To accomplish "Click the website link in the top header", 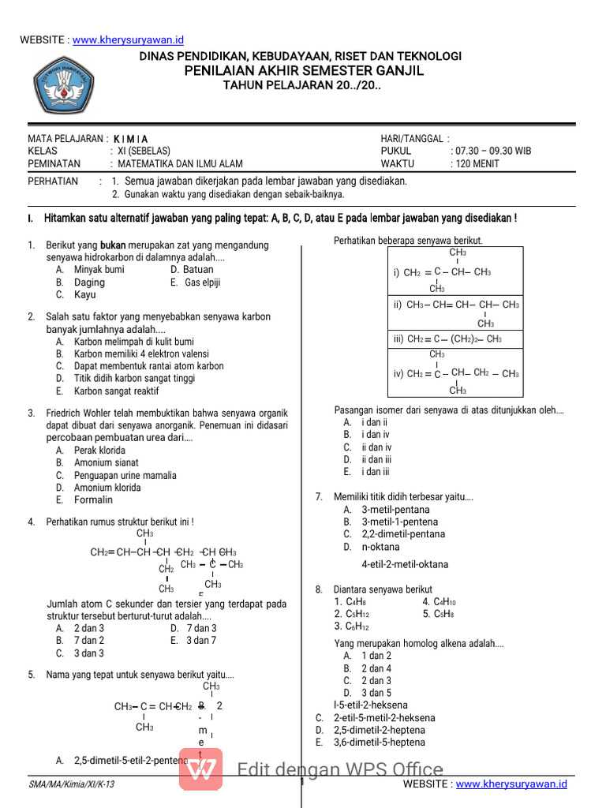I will [x=129, y=39].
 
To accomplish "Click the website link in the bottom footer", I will [x=511, y=784].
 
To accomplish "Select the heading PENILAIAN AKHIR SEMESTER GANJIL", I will [x=304, y=71].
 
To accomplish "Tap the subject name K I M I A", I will [x=130, y=139].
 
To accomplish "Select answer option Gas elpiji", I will [x=202, y=282].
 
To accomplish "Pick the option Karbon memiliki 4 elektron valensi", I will [x=141, y=353].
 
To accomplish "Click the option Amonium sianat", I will [x=106, y=462].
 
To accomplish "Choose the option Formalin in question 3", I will [x=93, y=499].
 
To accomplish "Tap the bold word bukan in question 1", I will [x=113, y=245].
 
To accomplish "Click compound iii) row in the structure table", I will [x=454, y=339].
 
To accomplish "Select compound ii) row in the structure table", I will [x=454, y=305].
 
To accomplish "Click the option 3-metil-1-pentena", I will [x=399, y=522].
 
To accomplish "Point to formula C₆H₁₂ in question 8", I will [x=352, y=627].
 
